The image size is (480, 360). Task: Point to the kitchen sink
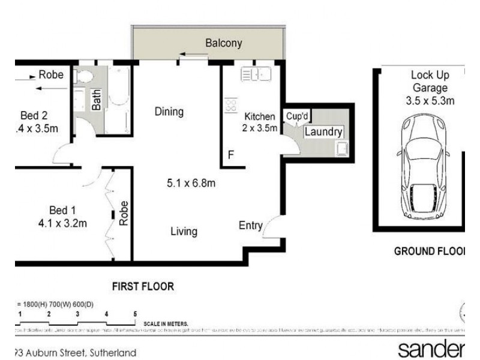[256, 74]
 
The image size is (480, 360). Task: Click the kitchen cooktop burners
[230, 106]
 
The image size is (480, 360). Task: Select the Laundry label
[323, 132]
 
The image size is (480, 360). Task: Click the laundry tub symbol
[342, 148]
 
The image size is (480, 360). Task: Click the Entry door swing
[271, 226]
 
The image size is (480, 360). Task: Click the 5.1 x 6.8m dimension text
[191, 183]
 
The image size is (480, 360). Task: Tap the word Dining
[169, 112]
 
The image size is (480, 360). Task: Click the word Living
[184, 231]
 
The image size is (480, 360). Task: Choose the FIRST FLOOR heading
[143, 287]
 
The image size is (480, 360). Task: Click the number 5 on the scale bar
[135, 314]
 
